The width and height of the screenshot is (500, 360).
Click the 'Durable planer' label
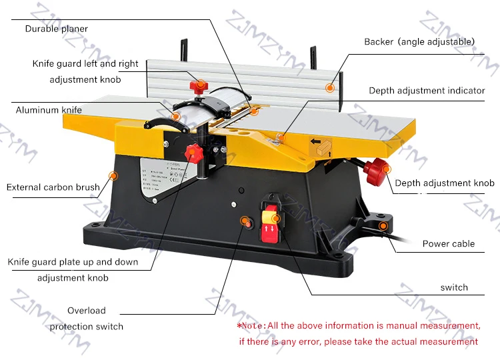tap(57, 29)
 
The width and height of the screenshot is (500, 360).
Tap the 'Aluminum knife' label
tap(49, 109)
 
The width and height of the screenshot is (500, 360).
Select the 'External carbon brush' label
tap(53, 187)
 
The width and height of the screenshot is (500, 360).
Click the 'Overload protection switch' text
tap(87, 319)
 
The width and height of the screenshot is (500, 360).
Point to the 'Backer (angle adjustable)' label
tap(419, 41)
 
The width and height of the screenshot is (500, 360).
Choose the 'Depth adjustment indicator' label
tap(427, 90)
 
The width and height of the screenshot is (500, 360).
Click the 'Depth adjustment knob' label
tap(445, 183)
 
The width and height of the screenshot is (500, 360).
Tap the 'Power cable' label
tap(449, 243)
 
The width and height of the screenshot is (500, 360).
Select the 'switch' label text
tap(454, 287)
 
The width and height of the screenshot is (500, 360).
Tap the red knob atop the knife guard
tap(198, 86)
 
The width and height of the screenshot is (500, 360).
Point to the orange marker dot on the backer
tap(329, 87)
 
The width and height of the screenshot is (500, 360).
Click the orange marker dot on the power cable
tap(383, 226)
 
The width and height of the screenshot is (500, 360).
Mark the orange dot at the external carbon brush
tap(113, 176)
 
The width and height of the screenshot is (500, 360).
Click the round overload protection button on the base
tap(249, 222)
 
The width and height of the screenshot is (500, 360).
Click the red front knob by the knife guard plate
tap(194, 152)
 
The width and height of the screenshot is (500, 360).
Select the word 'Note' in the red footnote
tap(253, 325)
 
